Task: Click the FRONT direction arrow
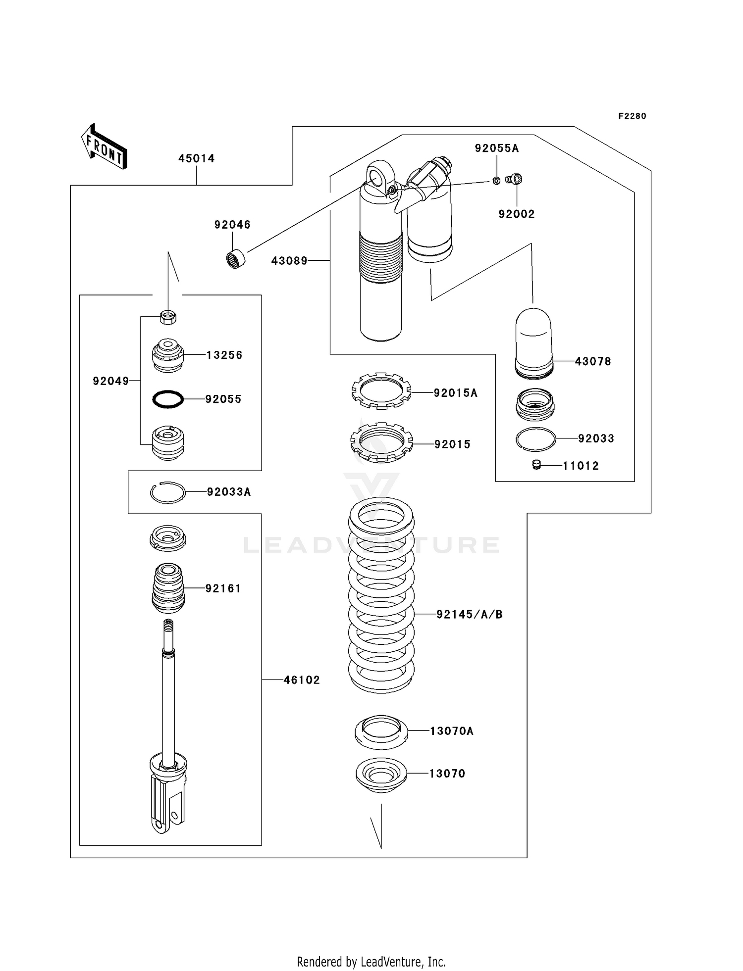104,147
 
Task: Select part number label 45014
197,158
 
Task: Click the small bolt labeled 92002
515,179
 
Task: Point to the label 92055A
497,148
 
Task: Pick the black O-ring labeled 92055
168,399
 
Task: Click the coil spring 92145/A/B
381,594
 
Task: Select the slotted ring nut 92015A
381,391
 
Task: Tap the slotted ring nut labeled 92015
381,442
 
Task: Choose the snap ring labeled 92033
535,439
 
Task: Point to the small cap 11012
536,465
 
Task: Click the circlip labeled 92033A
168,492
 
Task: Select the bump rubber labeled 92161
168,588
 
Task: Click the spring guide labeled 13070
381,775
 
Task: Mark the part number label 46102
302,680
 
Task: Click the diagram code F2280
632,116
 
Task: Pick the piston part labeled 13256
167,355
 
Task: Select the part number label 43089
289,261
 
